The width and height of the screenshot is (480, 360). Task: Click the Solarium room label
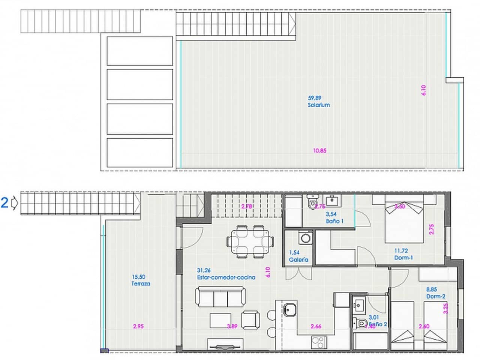[x=319, y=105]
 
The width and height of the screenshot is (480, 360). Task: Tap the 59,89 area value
[x=314, y=98]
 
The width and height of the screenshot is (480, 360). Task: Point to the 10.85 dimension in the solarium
[x=319, y=151]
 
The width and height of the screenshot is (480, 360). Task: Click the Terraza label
[x=141, y=284]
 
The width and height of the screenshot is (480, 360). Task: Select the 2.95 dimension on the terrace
[x=138, y=326]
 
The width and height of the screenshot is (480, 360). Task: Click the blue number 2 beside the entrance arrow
[x=5, y=203]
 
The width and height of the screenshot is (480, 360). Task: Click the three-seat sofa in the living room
[x=220, y=297]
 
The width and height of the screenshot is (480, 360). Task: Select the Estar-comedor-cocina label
[x=226, y=277]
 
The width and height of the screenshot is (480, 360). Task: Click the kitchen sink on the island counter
[x=289, y=310]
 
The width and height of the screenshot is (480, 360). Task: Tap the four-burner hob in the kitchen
[x=319, y=342]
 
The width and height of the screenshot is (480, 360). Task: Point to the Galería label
[x=298, y=259]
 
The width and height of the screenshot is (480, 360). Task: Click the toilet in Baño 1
[x=312, y=202]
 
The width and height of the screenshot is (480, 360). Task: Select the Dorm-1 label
[x=403, y=258]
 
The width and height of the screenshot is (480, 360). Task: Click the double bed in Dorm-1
[x=404, y=223]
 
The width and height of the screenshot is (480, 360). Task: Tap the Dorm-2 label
[x=436, y=296]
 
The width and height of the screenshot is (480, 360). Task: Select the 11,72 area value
[x=401, y=251]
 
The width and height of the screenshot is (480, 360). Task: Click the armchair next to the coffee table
[x=250, y=320]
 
